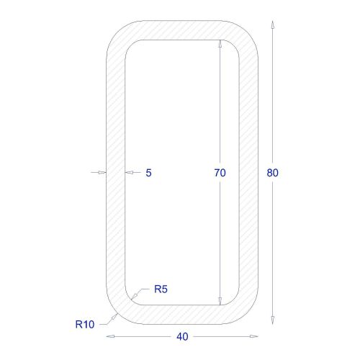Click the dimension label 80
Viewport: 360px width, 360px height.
(272, 173)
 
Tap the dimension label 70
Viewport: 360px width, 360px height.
(220, 173)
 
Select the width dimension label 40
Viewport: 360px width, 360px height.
(182, 337)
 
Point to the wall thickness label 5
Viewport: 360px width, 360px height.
(148, 173)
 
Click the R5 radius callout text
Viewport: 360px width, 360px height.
(161, 289)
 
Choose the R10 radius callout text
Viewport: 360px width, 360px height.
(85, 325)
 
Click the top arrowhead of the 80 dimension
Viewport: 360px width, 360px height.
(272, 25)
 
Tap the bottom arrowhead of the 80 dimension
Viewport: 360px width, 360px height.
(272, 320)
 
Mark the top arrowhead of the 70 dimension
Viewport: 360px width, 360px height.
(220, 44)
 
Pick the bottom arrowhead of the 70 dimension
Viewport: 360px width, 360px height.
(220, 301)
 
